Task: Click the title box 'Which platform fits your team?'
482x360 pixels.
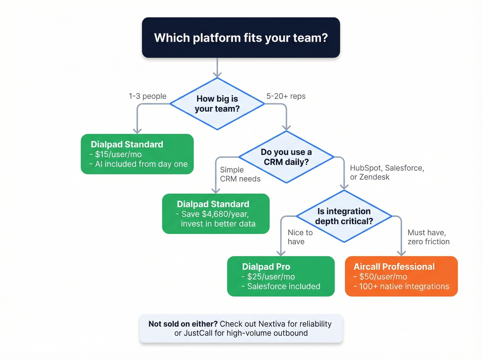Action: point(241,38)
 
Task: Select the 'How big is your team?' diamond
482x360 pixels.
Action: point(217,104)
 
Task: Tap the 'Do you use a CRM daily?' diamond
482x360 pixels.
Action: point(286,157)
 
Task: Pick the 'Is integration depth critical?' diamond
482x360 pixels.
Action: point(344,216)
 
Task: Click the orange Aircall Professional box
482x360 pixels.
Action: point(401,276)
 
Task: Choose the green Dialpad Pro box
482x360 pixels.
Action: point(281,276)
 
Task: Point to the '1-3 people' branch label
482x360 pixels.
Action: point(147,96)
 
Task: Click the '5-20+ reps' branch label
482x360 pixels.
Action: point(286,96)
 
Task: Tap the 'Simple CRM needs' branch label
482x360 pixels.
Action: point(240,174)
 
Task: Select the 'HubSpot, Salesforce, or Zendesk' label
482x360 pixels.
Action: point(387,172)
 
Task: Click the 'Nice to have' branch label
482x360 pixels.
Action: point(300,237)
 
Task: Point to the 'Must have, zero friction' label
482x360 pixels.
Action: point(428,237)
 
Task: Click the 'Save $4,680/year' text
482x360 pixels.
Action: point(215,214)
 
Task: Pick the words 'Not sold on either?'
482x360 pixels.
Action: point(183,324)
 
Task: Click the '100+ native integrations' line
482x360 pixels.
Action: point(404,286)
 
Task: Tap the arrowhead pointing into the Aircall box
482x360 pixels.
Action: point(401,253)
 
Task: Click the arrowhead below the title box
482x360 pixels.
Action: point(217,74)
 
